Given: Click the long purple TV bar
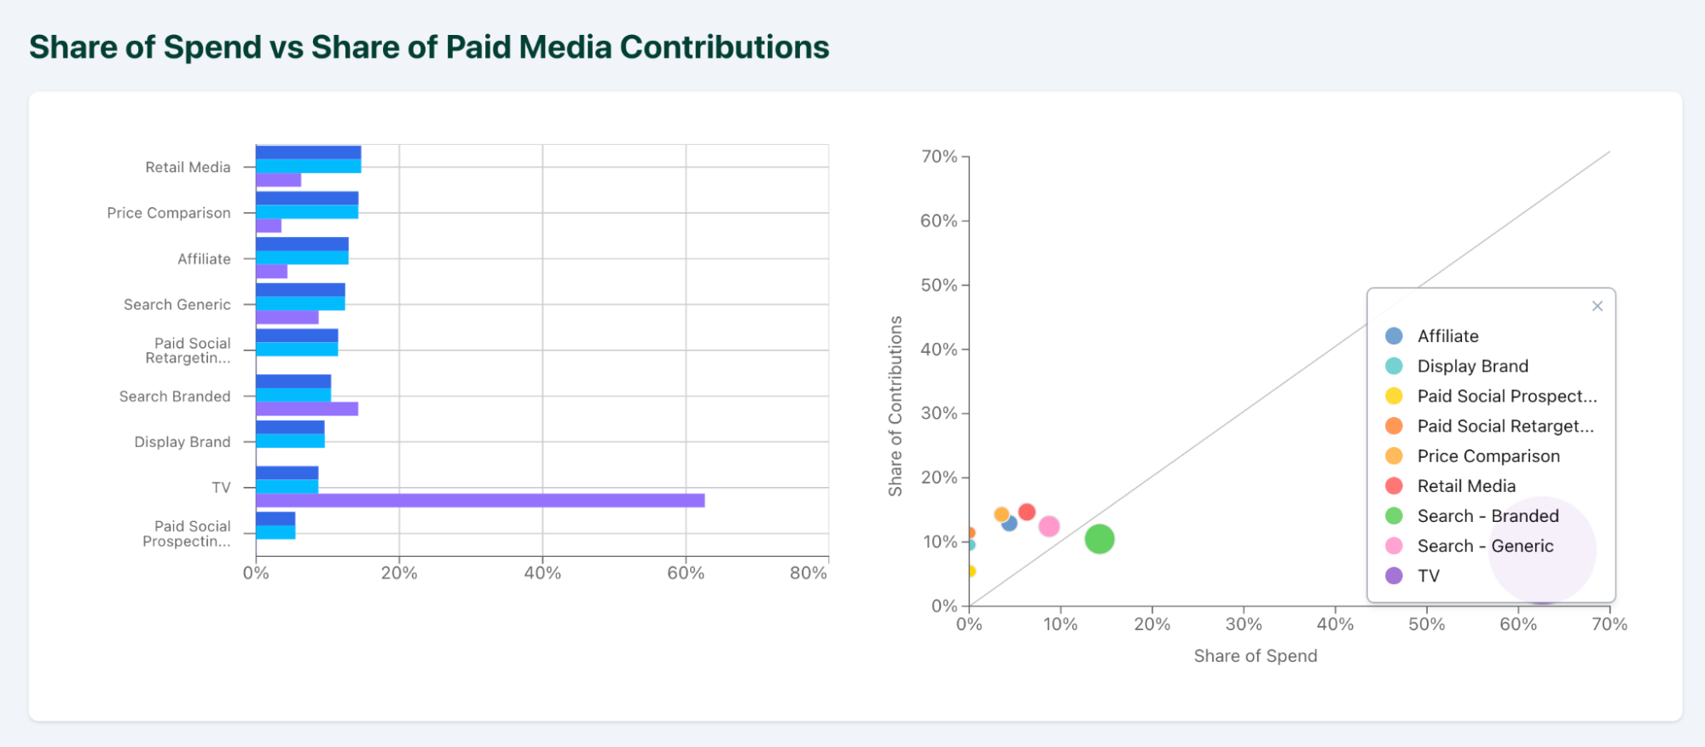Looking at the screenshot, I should [480, 501].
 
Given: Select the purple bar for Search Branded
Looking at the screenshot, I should [307, 409].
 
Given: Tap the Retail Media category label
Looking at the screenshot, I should [188, 167].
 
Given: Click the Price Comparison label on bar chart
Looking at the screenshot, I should [169, 213].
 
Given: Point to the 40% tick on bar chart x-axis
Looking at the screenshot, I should [542, 573].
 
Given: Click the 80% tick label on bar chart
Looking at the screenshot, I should [808, 573].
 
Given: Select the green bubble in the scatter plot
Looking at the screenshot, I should [1099, 539].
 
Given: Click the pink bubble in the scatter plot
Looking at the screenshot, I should [1049, 526].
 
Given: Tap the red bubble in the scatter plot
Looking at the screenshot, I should [1027, 512].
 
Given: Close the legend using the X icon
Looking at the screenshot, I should [1598, 306].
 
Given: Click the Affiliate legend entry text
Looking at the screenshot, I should [1447, 336].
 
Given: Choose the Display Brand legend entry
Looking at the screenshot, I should [1472, 366].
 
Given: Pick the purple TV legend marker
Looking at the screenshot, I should [1394, 576].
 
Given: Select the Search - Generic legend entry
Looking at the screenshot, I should [1485, 546].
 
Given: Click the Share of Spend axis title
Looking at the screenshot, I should [1255, 656].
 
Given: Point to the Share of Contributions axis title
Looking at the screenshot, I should [895, 406].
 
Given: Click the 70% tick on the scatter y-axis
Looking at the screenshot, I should [938, 157].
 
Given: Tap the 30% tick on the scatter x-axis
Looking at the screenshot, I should [1244, 624].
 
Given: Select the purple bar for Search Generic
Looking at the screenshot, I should [287, 317].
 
